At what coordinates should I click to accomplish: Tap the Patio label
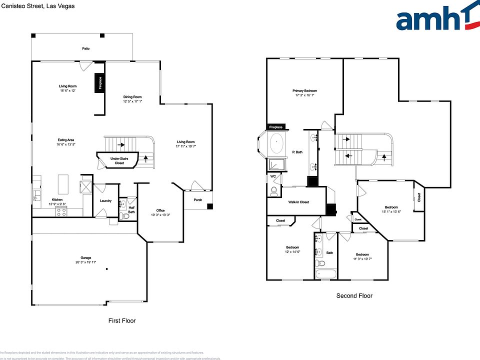point(86,48)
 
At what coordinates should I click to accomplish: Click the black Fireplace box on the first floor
point(100,83)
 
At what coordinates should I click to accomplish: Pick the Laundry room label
point(105,201)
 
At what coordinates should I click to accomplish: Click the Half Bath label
point(131,209)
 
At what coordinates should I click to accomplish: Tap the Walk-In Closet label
point(298,202)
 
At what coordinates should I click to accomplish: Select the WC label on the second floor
point(273,176)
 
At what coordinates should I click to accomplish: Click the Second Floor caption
point(354,296)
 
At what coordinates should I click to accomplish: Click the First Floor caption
point(122,320)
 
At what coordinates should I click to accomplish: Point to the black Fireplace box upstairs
point(276,127)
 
